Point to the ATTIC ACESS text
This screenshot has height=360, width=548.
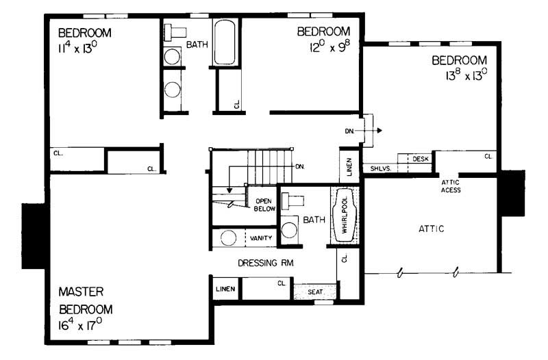(x=450, y=185)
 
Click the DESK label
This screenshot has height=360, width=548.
(x=420, y=159)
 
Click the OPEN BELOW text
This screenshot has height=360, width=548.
(x=264, y=205)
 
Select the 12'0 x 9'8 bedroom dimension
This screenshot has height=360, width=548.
(x=323, y=47)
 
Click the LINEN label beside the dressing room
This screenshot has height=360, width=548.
(x=225, y=289)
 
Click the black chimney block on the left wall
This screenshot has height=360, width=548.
(x=33, y=235)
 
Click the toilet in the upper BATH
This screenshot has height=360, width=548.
(x=175, y=31)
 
